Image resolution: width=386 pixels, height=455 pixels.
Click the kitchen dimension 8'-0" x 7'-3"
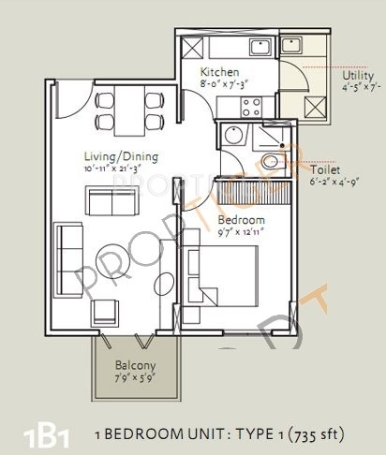223,84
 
